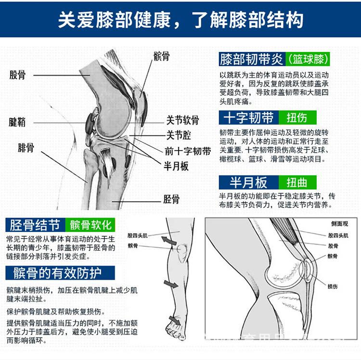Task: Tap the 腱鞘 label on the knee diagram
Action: [17, 122]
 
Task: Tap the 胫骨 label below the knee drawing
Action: [171, 198]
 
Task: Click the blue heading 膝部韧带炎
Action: [251, 59]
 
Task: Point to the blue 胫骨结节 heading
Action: [35, 225]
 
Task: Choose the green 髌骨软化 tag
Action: [90, 225]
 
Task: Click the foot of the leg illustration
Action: [173, 327]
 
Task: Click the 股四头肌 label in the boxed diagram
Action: [338, 236]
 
